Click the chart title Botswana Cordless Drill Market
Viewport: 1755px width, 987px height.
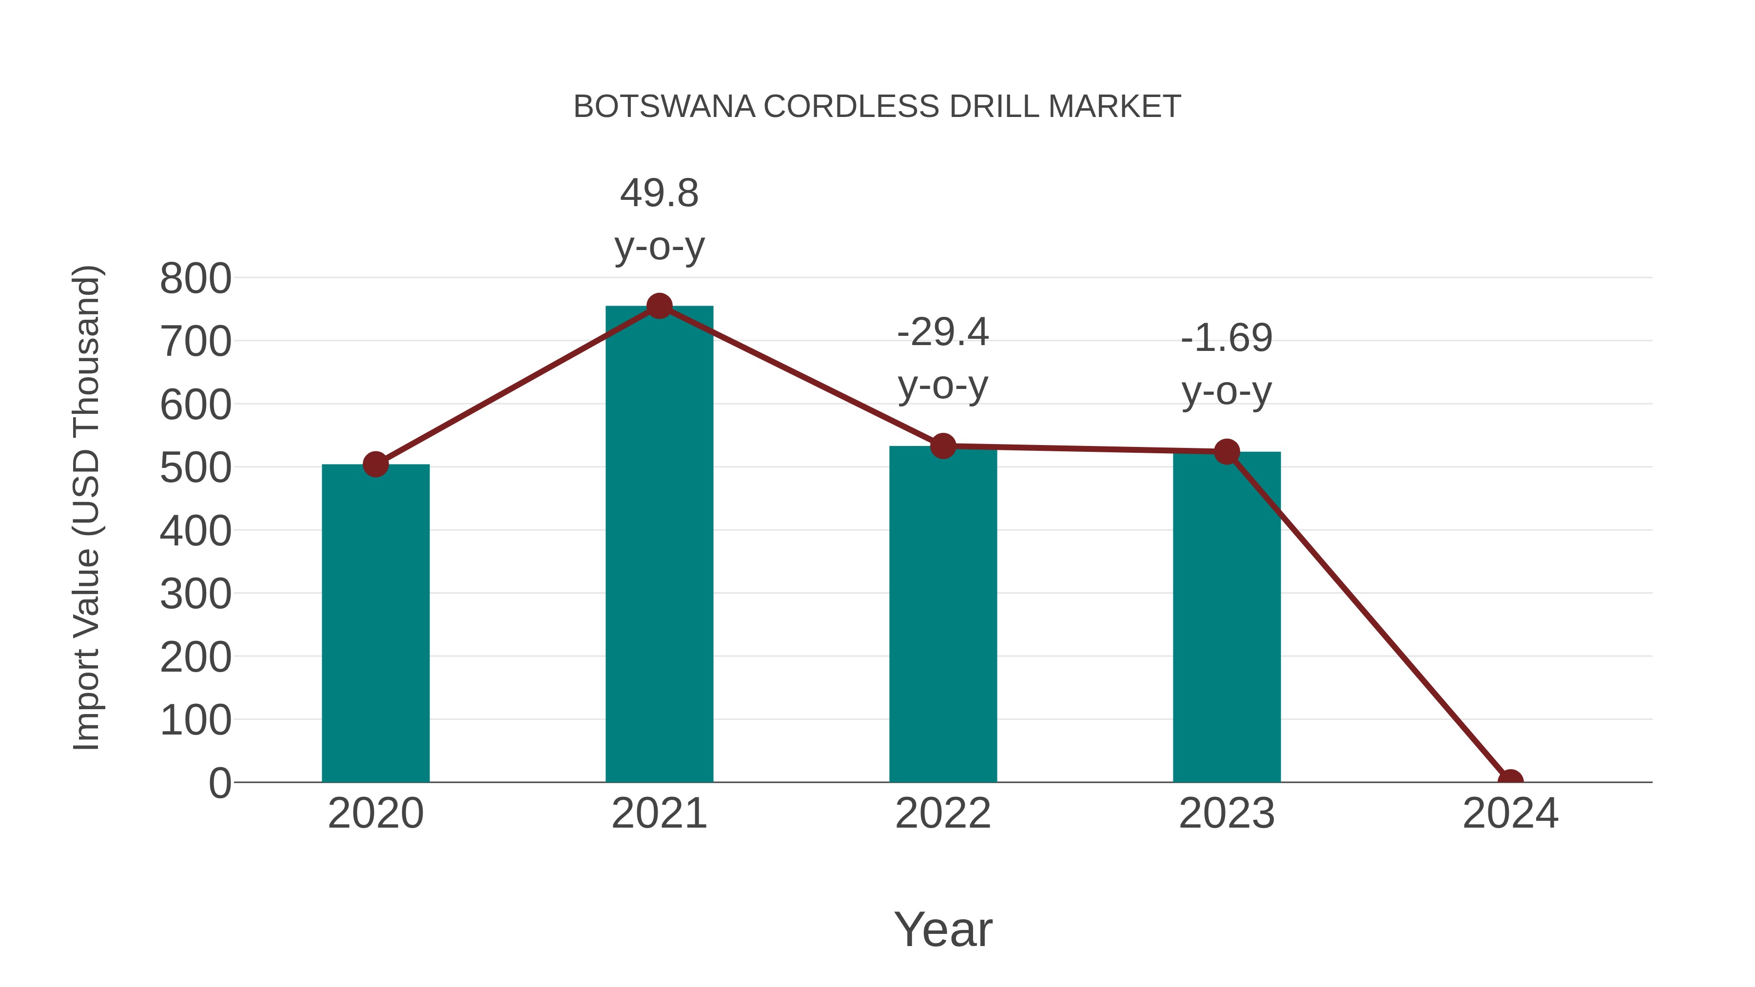pyautogui.click(x=877, y=107)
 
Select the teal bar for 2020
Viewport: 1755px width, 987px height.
pyautogui.click(x=375, y=623)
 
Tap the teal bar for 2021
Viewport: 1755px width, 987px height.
pyautogui.click(x=659, y=545)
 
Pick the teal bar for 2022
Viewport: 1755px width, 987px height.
pyautogui.click(x=943, y=613)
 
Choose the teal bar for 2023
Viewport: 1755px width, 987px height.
pyautogui.click(x=1227, y=617)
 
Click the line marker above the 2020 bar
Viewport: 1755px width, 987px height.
pyautogui.click(x=375, y=464)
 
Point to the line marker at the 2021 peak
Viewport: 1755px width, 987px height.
pyautogui.click(x=659, y=307)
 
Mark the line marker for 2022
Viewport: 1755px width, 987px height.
pyautogui.click(x=943, y=446)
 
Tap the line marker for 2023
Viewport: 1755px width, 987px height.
pyautogui.click(x=1227, y=452)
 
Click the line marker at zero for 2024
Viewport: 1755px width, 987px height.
pyautogui.click(x=1510, y=781)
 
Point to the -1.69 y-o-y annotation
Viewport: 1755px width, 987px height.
pyautogui.click(x=1227, y=365)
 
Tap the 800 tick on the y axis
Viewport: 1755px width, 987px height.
pyautogui.click(x=195, y=279)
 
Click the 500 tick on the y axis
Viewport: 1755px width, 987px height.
pyautogui.click(x=195, y=468)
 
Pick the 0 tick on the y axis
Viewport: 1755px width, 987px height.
pyautogui.click(x=220, y=783)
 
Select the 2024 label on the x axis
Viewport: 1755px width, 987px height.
pyautogui.click(x=1510, y=813)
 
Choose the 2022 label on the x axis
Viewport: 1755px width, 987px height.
pyautogui.click(x=943, y=813)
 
